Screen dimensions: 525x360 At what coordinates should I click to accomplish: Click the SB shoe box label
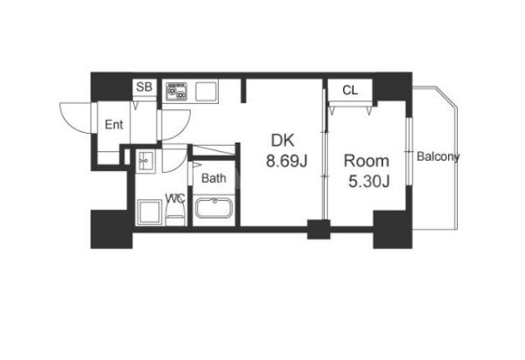(x=144, y=87)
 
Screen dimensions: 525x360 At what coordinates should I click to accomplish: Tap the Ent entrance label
(x=114, y=125)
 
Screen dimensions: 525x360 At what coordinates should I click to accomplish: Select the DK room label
(x=282, y=140)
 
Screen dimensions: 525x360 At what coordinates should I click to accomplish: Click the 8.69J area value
(x=286, y=162)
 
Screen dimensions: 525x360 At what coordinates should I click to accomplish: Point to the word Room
(x=367, y=162)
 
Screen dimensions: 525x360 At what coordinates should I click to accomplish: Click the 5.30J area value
(x=369, y=182)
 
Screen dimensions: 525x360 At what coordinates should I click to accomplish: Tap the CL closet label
(x=350, y=90)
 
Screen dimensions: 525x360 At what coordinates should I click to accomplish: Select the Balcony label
(x=438, y=157)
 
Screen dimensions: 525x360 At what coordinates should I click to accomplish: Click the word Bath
(x=213, y=178)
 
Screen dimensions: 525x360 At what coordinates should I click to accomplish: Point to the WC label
(x=175, y=198)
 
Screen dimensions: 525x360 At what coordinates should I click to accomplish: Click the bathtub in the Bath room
(x=213, y=208)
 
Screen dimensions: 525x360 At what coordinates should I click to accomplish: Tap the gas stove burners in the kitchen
(x=176, y=91)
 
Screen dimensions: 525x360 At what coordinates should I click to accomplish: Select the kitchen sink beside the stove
(x=206, y=91)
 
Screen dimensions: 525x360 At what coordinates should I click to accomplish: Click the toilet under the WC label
(x=175, y=214)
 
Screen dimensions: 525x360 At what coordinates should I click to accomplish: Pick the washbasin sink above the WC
(x=146, y=161)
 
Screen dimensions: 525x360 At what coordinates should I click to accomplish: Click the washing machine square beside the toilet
(x=149, y=212)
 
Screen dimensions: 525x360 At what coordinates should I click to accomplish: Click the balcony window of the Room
(x=409, y=151)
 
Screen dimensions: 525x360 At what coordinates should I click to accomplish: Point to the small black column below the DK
(x=318, y=229)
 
